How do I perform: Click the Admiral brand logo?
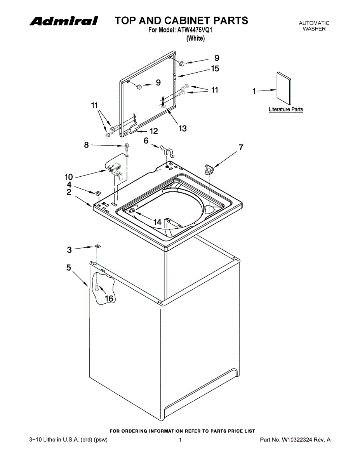click(x=64, y=21)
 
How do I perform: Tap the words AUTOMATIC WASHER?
click(x=314, y=26)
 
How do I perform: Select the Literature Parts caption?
click(x=286, y=110)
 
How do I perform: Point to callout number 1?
click(x=254, y=92)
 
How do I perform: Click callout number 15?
click(x=215, y=69)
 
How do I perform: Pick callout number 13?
click(x=182, y=128)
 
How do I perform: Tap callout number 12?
click(x=154, y=131)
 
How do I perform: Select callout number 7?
click(x=241, y=147)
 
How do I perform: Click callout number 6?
click(x=146, y=141)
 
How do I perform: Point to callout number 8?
click(x=86, y=145)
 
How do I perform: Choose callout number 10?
click(x=69, y=177)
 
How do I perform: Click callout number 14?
click(x=157, y=222)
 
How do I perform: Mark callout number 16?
click(x=109, y=298)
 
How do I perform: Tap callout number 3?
click(x=69, y=250)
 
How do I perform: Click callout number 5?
click(x=69, y=268)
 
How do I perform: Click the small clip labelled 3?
click(x=97, y=246)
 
